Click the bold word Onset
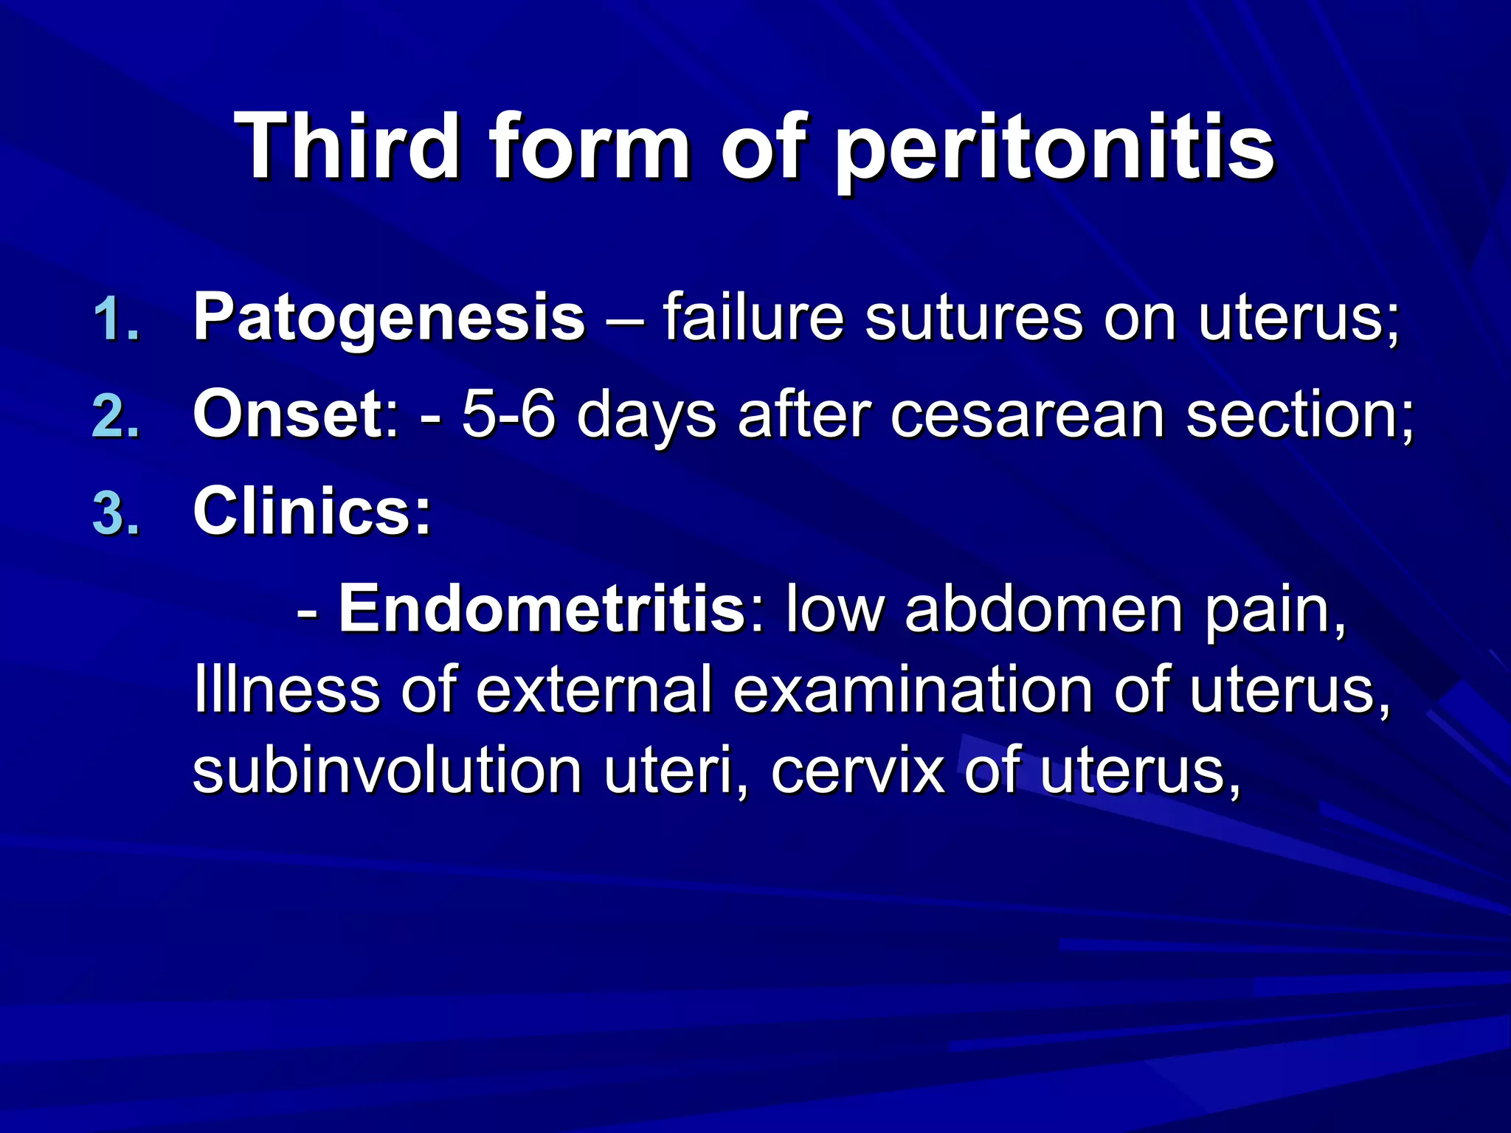tap(288, 415)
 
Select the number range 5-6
tap(509, 415)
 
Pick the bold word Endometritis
tap(542, 609)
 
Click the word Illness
tap(286, 690)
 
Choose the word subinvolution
tap(387, 771)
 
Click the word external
tap(594, 690)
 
